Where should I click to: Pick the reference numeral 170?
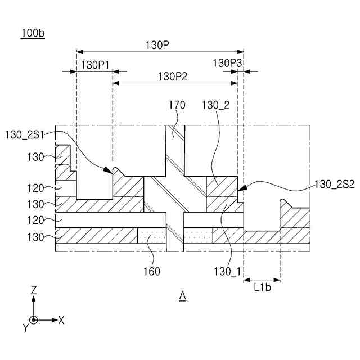pyautogui.click(x=177, y=105)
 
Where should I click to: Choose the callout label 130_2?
pyautogui.click(x=215, y=105)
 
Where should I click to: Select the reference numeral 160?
pyautogui.click(x=151, y=271)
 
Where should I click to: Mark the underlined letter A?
pyautogui.click(x=182, y=295)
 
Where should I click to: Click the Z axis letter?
pyautogui.click(x=34, y=290)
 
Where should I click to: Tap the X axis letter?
pyautogui.click(x=61, y=320)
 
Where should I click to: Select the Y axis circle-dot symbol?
pyautogui.click(x=34, y=320)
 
